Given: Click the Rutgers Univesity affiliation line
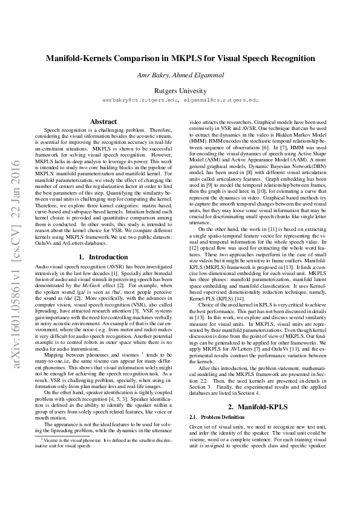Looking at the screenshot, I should point(180,89).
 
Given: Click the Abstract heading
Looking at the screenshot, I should point(103,122).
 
